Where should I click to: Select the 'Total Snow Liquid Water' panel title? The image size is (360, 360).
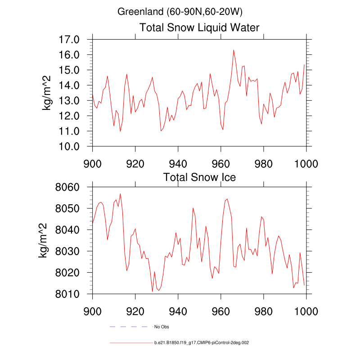tap(199, 28)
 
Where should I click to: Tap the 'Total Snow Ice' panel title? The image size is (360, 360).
tap(199, 177)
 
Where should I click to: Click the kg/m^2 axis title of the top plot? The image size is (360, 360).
tap(46, 93)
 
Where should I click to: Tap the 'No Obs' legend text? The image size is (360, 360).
tap(162, 326)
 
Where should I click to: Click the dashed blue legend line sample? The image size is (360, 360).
tap(129, 326)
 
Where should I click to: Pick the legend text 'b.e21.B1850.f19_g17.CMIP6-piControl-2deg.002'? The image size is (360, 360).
tap(202, 342)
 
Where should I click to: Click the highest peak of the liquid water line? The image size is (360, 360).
tap(234, 50)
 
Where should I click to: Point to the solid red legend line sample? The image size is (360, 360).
tap(129, 342)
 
